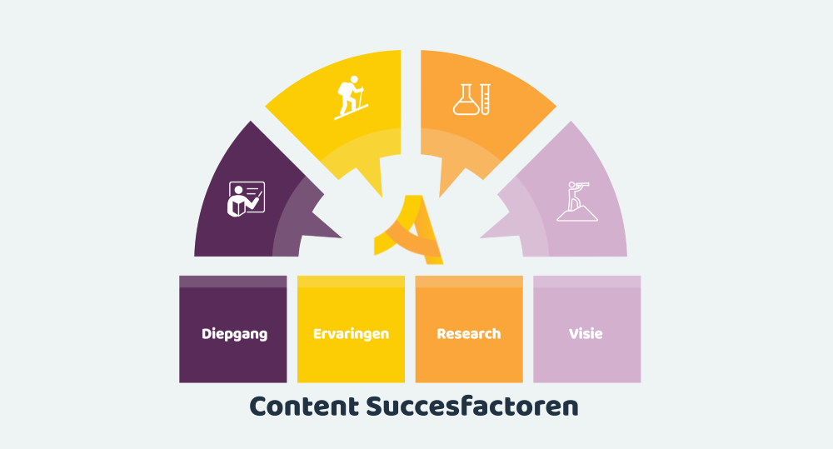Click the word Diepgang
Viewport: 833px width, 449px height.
point(234,334)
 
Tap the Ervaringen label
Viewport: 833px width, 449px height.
point(351,334)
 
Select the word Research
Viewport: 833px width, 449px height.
point(468,334)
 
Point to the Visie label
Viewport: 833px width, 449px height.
point(586,334)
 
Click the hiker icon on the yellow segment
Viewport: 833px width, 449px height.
point(351,97)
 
